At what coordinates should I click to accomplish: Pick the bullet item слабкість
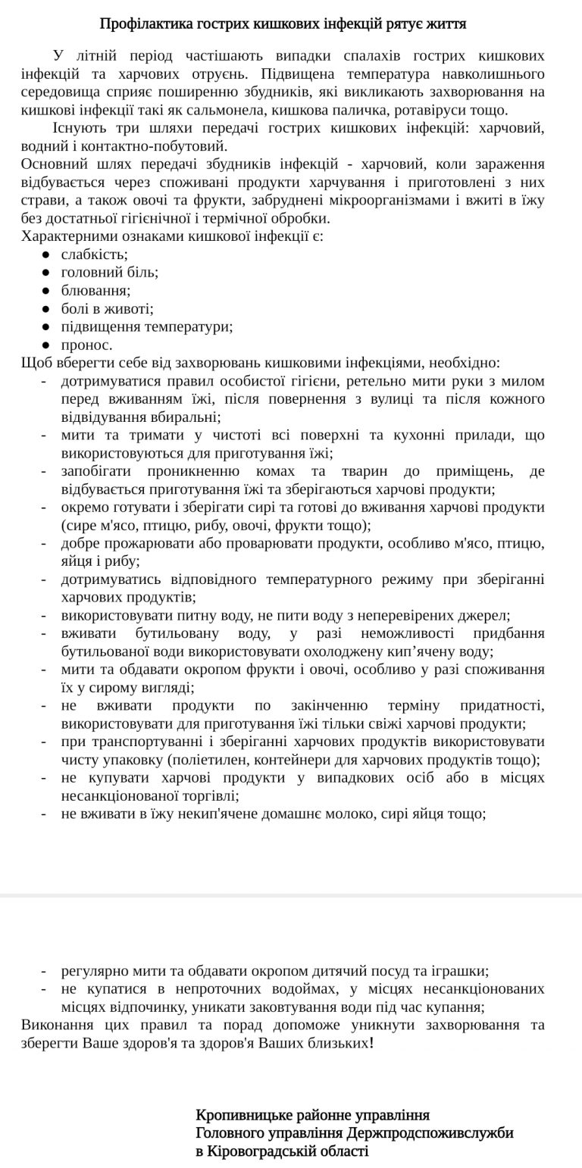click(x=94, y=255)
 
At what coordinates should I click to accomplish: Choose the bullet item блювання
click(x=95, y=291)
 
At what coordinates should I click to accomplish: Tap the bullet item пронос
click(x=86, y=345)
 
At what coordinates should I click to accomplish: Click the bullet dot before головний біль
click(x=46, y=273)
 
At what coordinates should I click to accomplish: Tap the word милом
click(x=527, y=381)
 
